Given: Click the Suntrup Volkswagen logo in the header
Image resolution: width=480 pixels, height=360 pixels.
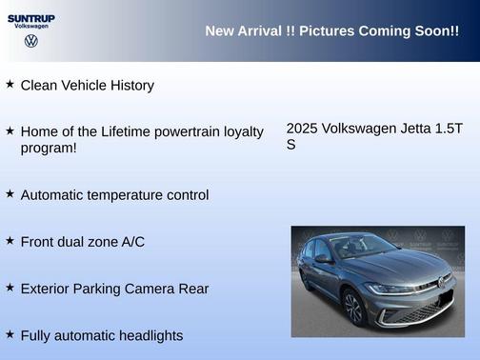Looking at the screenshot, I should click(x=30, y=30).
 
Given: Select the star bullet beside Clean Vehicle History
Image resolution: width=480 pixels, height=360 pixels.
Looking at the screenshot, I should click(x=10, y=84).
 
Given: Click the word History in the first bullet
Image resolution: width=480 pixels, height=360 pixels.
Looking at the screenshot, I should click(x=130, y=86).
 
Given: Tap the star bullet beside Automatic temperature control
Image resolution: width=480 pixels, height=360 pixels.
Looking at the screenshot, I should click(x=10, y=193).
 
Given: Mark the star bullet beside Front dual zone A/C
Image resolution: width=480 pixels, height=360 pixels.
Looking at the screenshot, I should click(x=10, y=240).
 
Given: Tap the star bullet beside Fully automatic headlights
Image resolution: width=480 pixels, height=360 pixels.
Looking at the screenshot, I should click(x=10, y=333).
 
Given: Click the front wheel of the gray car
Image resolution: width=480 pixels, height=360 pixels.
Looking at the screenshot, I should click(x=353, y=307).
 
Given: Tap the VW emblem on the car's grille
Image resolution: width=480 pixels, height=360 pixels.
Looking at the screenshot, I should click(x=440, y=283).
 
